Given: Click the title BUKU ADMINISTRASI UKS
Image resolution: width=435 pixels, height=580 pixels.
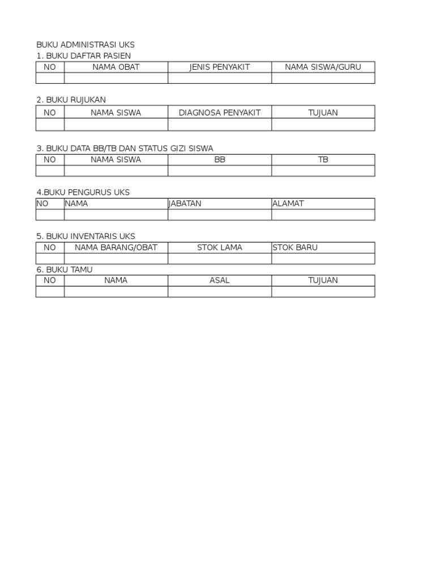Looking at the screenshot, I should click(86, 45).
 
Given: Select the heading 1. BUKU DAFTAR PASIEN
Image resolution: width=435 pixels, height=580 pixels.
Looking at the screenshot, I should click(83, 56).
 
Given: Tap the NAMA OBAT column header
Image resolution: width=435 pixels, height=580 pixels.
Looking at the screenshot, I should click(116, 67).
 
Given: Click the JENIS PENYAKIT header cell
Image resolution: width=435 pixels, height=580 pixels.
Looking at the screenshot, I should click(219, 67).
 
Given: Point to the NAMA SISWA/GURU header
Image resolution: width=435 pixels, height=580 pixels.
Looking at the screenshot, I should click(323, 67).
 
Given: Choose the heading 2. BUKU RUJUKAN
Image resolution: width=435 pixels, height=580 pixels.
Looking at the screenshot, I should click(71, 100).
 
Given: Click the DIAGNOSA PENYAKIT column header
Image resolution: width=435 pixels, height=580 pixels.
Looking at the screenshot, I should click(219, 112).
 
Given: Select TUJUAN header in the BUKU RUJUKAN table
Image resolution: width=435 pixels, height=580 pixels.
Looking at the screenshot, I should click(323, 112).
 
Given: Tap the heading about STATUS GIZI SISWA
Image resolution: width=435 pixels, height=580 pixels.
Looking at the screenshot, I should click(125, 148).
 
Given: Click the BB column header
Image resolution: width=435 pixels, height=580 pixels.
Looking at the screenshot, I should click(219, 160).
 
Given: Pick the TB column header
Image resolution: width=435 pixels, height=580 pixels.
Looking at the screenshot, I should click(323, 160).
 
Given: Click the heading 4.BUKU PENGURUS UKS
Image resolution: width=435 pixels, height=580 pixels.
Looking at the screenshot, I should click(83, 193).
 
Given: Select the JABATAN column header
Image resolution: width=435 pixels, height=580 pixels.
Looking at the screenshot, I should click(185, 203).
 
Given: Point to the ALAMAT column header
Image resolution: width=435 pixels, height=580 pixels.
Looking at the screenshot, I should click(288, 203).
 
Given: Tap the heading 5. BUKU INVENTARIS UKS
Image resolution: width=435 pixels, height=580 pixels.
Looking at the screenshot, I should click(86, 236).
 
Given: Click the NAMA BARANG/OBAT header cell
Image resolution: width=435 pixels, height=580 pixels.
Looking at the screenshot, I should click(116, 248).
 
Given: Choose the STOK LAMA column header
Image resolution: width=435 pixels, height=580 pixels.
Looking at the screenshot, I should click(219, 248).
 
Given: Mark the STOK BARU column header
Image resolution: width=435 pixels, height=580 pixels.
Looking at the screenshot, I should click(295, 248).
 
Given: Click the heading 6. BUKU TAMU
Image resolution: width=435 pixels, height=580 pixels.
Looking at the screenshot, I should click(64, 270).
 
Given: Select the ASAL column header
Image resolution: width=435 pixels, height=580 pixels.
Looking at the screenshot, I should click(219, 280).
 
